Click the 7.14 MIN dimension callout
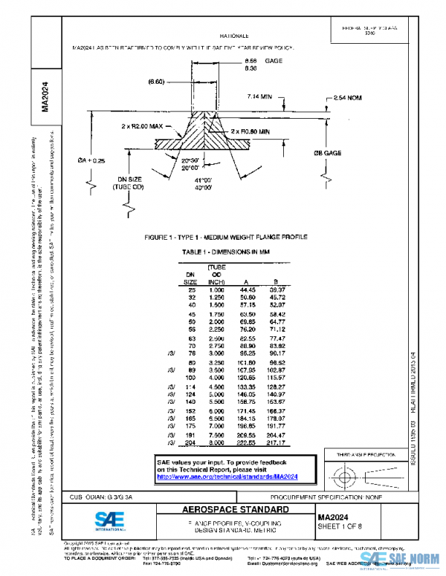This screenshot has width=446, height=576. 258,96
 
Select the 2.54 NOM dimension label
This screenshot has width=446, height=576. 349,97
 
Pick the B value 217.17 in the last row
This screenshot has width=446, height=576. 277,443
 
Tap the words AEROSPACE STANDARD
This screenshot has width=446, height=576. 225,511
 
